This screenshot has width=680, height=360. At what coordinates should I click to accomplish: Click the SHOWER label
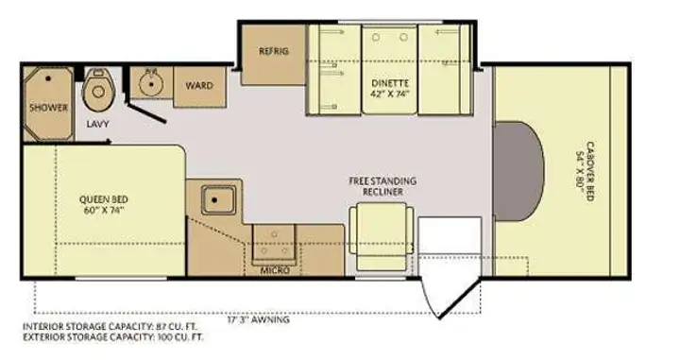pos(48,107)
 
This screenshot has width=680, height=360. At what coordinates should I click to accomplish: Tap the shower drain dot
pos(48,78)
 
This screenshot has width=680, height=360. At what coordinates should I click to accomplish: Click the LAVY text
pos(97,124)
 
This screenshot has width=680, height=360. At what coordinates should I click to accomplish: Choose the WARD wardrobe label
pos(199,85)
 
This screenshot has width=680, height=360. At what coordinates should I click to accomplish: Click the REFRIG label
pos(274,51)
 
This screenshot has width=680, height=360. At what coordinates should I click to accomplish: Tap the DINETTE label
pos(390,83)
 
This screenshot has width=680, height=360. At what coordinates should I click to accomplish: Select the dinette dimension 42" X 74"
pos(390,94)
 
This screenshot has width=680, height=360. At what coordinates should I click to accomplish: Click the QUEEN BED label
pos(104,199)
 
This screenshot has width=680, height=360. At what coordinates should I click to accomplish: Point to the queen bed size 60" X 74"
pos(104,211)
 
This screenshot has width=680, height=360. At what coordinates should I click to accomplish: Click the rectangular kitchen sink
pos(218,200)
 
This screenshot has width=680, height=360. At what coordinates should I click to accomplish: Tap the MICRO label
pos(275,270)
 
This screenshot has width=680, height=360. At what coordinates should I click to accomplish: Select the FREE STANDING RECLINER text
pos(382,186)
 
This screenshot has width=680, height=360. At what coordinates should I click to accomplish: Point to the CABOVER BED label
pos(590,171)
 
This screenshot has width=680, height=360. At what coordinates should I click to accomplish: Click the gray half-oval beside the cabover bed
pos(518,171)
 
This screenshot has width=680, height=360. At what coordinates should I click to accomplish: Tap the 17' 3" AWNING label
pos(259,320)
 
